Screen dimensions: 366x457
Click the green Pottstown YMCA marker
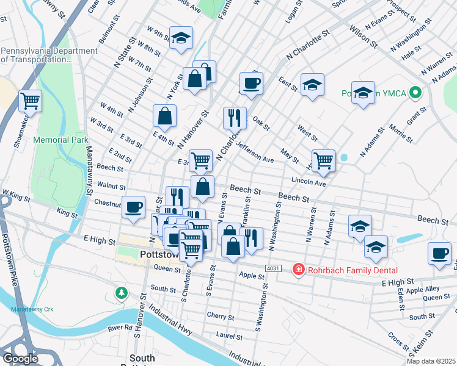[x=416, y=94]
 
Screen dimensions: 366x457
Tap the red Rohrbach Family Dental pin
[x=298, y=270]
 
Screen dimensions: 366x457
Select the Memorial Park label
[x=61, y=140]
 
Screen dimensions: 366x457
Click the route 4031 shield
[x=273, y=269]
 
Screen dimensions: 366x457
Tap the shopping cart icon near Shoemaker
[x=30, y=100]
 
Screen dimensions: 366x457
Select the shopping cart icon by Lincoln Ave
[x=323, y=160]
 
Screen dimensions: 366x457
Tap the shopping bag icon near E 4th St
[x=165, y=115]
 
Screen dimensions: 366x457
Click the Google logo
[x=20, y=359]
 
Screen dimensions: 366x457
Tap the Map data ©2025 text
[x=431, y=361]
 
